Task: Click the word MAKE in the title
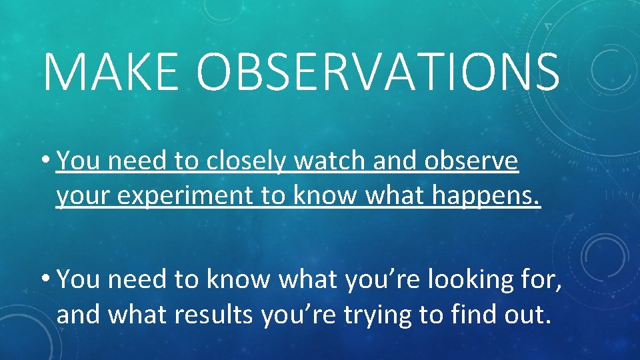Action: pos(111,71)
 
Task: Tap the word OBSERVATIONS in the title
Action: pos(377,71)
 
